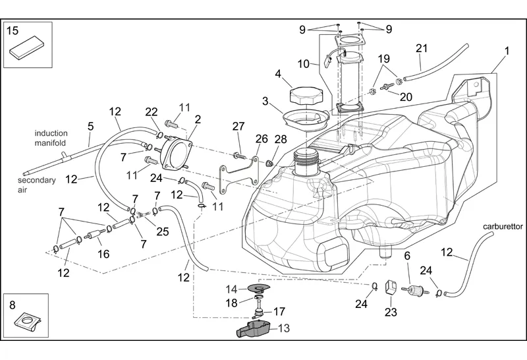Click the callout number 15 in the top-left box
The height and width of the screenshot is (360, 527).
point(13,30)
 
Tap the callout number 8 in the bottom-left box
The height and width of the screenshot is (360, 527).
point(12,305)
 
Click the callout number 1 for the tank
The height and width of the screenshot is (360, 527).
point(507,51)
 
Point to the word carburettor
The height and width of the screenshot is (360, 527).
point(503,226)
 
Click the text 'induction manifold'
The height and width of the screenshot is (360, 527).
point(51,138)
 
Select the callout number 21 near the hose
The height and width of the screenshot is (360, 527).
point(422,47)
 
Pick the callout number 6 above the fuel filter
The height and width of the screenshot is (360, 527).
point(407,255)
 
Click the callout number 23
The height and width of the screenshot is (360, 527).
point(391,312)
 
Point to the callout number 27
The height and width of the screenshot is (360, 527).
point(238,126)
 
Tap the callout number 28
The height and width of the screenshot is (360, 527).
point(281,139)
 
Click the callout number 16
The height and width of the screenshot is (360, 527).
point(103,254)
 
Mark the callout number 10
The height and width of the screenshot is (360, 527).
point(303,64)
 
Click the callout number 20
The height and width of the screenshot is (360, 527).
point(406,96)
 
